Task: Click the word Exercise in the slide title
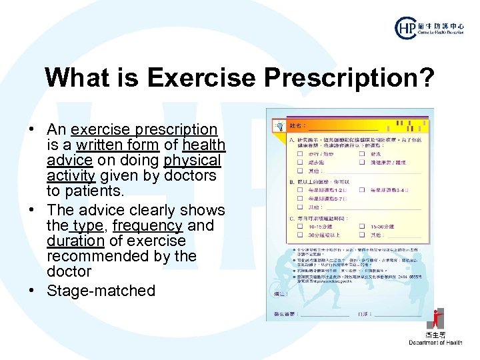pyautogui.click(x=202, y=77)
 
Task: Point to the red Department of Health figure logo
pyautogui.click(x=436, y=319)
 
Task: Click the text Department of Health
pyautogui.click(x=435, y=343)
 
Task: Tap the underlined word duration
pyautogui.click(x=75, y=241)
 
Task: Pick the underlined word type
pyautogui.click(x=85, y=225)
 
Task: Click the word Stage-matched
pyautogui.click(x=101, y=291)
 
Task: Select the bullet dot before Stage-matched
pyautogui.click(x=31, y=291)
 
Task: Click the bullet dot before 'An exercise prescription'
pyautogui.click(x=31, y=129)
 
